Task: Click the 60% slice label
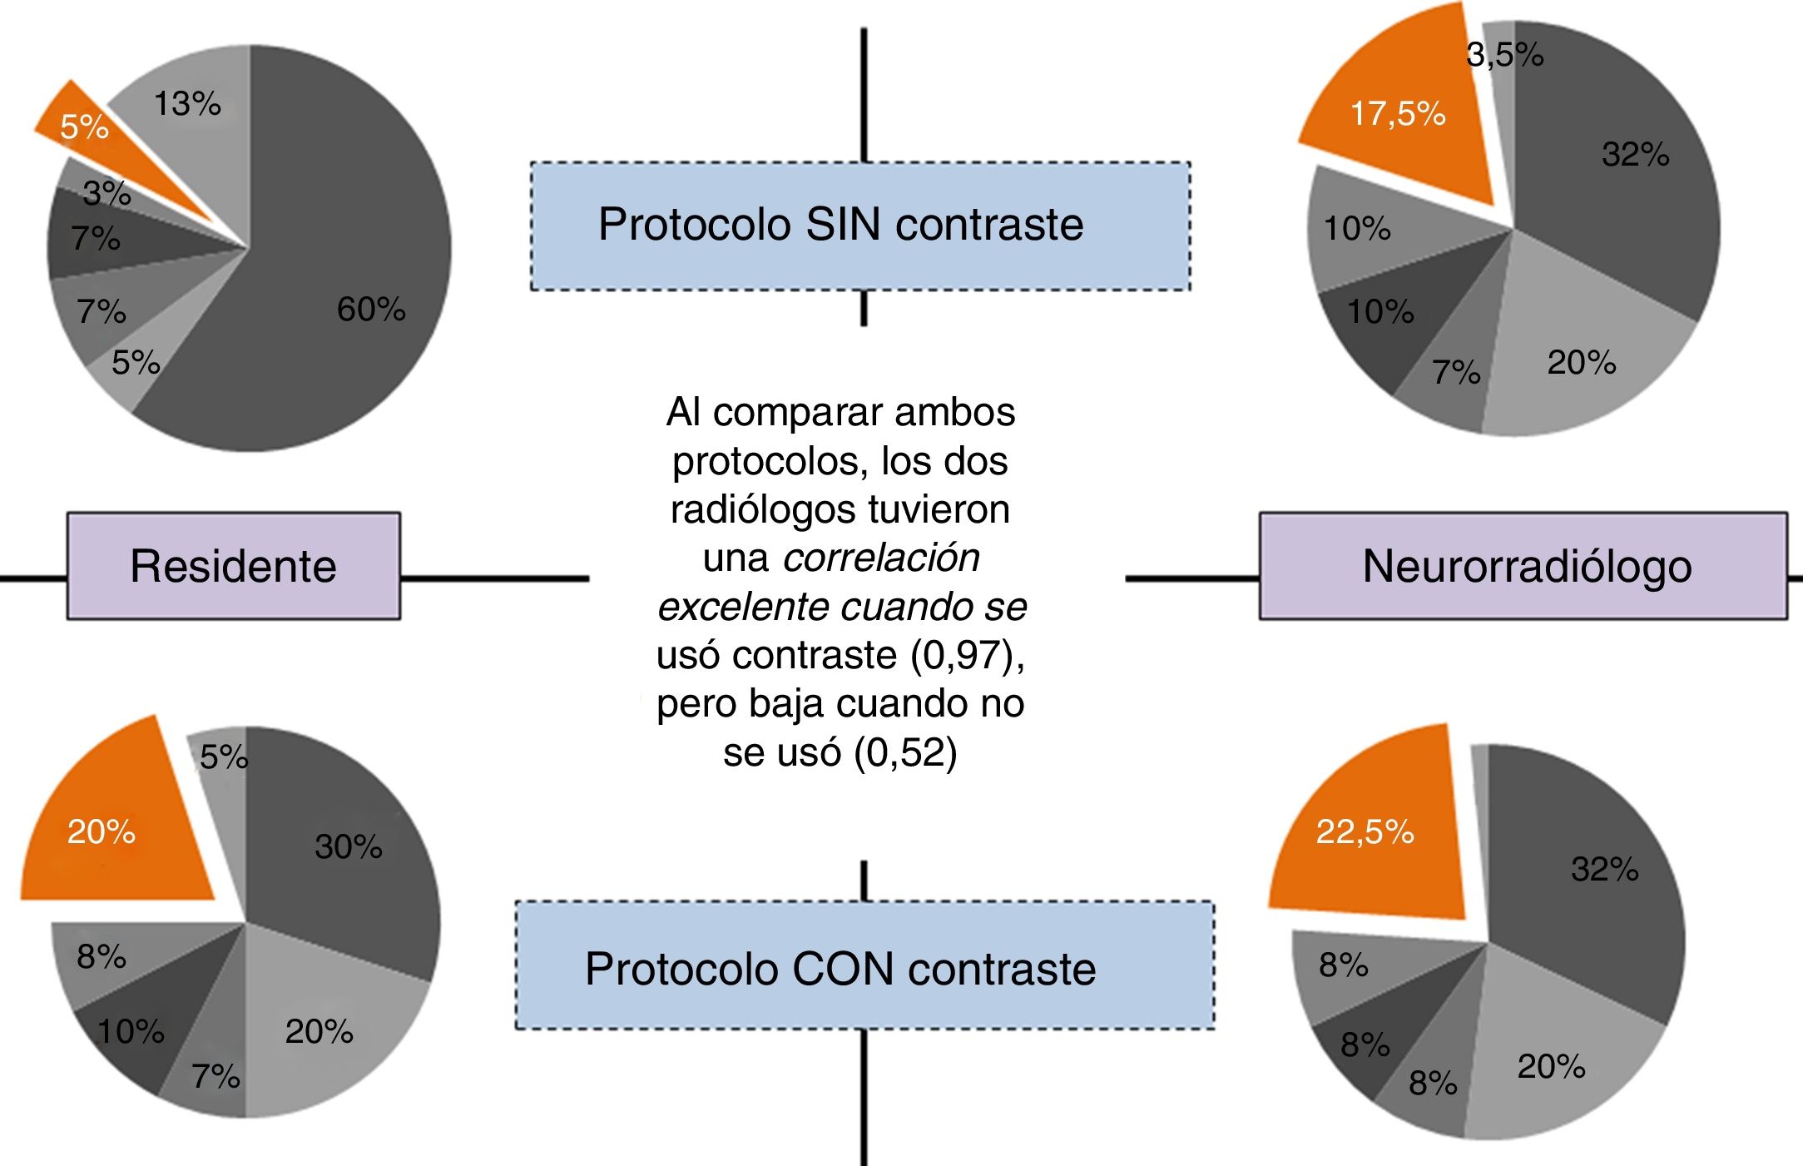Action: [371, 310]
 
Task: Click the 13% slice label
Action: [187, 104]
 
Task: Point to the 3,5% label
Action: [1504, 55]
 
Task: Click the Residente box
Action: [234, 566]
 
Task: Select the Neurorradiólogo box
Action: [1523, 566]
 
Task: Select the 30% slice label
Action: [349, 846]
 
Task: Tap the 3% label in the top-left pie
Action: [107, 193]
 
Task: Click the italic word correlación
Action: [881, 558]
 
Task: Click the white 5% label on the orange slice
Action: [84, 127]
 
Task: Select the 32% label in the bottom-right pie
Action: [1604, 869]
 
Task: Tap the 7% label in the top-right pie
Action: [1456, 372]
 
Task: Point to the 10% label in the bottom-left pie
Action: [131, 1031]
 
